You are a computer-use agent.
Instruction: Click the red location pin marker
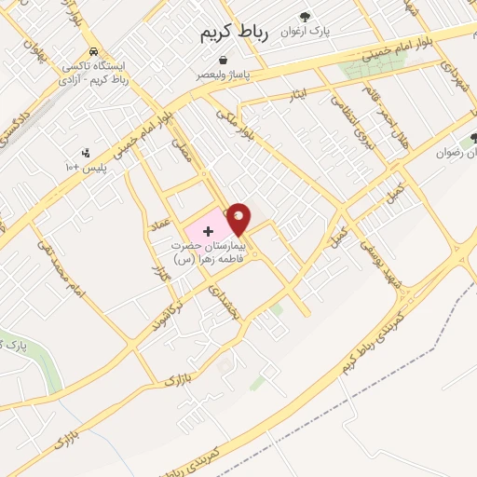pos(238,219)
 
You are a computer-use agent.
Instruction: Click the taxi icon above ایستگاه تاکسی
pos(92,52)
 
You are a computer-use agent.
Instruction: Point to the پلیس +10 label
pos(86,167)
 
